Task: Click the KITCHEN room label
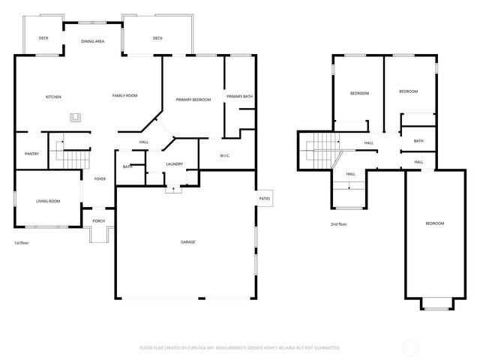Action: coord(53,97)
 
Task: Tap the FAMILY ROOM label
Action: coord(124,95)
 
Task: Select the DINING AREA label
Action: coord(93,41)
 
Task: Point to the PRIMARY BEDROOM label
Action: coord(193,100)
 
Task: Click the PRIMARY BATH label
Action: coord(240,97)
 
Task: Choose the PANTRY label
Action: coord(31,154)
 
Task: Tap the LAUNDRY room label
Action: coord(175,163)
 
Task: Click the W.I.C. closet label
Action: coord(224,155)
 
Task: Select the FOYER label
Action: coord(100,178)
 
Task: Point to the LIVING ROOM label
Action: coord(48,201)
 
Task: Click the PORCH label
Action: coord(98,220)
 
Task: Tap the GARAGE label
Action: coord(188,241)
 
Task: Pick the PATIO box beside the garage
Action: coord(265,198)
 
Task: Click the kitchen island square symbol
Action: coord(76,117)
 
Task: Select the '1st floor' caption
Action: coord(22,243)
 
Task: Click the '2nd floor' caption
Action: coord(339,224)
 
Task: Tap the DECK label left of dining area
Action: coord(43,38)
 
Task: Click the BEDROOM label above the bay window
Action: coord(435,223)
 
